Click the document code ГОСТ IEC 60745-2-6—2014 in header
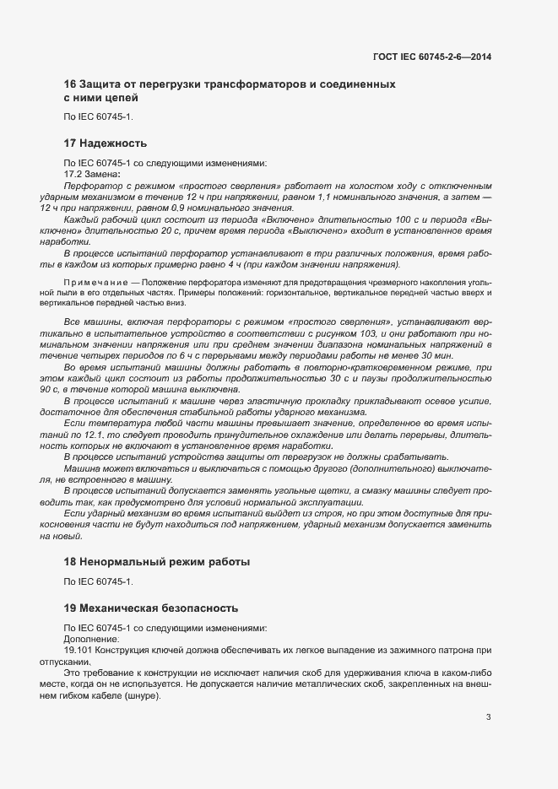click(x=433, y=57)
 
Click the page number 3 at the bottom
click(x=488, y=717)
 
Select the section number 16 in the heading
click(x=70, y=84)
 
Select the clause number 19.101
click(x=79, y=651)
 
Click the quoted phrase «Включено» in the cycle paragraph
click(x=245, y=219)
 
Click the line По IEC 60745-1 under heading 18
click(x=99, y=581)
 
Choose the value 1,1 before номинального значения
click(x=324, y=197)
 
